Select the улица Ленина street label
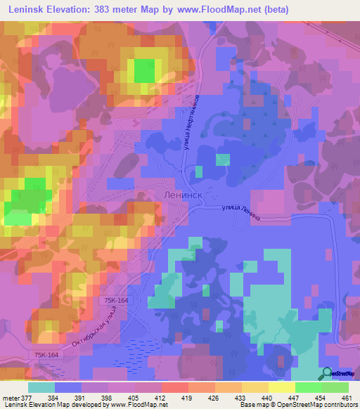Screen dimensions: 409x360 point(240,212)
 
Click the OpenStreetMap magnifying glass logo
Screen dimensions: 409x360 point(326,373)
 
